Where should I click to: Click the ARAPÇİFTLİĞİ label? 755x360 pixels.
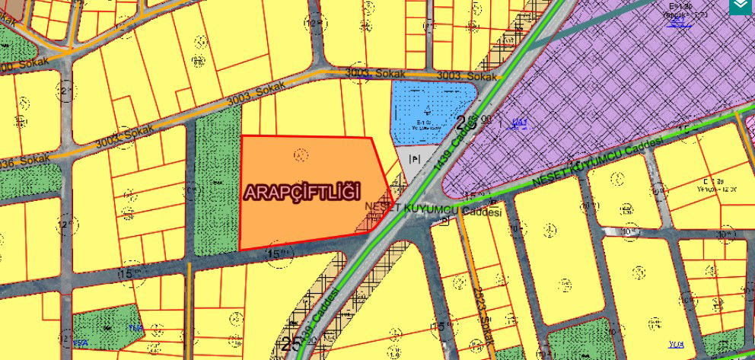tap(301, 192)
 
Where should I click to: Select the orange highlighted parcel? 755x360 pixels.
tap(304, 221)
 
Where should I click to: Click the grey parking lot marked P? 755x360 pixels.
tap(415, 161)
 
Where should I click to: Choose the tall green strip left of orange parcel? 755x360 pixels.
tap(218, 183)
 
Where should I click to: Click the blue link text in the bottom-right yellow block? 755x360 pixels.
tap(677, 345)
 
